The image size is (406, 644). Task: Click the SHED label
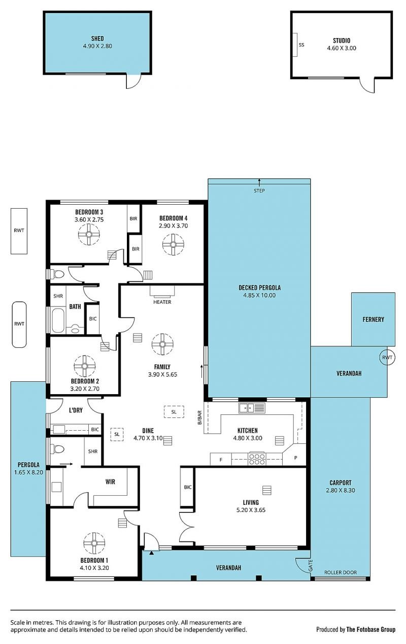[x=97, y=38]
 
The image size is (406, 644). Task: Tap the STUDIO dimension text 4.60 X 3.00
[x=342, y=48]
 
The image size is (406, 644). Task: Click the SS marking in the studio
[x=301, y=45]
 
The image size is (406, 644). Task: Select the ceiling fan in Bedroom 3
[x=89, y=234]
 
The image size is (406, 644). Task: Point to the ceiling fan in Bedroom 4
[x=173, y=244]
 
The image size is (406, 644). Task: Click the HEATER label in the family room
[x=162, y=302]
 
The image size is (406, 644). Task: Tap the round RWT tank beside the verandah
[x=387, y=358]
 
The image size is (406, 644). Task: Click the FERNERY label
[x=373, y=319]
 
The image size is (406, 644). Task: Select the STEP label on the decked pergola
[x=259, y=190]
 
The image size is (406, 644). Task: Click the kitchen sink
[x=252, y=408]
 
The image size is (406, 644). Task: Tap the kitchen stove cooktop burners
[x=257, y=459]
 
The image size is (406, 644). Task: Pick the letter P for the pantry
[x=296, y=458]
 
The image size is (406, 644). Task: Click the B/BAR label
[x=199, y=417]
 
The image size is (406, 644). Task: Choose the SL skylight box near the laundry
[x=117, y=434]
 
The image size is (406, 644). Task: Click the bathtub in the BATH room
[x=58, y=320]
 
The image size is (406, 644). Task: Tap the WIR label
[x=110, y=481]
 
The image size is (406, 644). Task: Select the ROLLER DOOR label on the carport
[x=341, y=572]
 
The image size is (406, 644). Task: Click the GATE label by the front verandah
[x=311, y=565]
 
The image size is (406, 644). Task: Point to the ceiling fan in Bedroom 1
[x=94, y=543]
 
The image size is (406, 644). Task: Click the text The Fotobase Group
[x=371, y=629]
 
